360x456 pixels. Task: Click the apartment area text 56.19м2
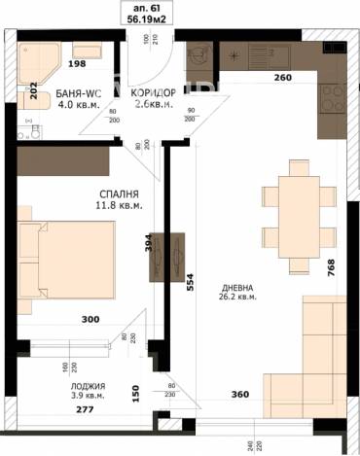click(x=144, y=17)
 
